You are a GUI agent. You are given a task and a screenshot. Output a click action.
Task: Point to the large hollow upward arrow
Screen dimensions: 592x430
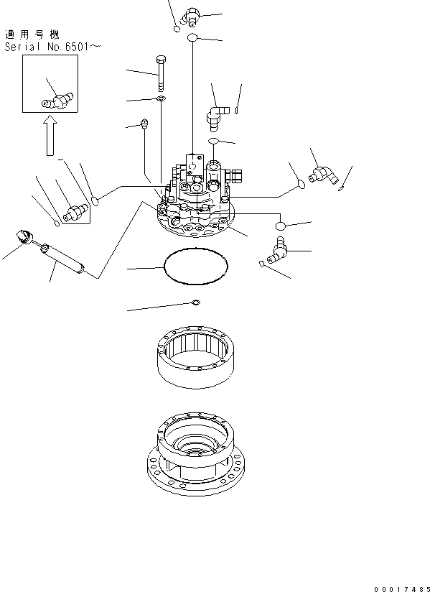[48, 137]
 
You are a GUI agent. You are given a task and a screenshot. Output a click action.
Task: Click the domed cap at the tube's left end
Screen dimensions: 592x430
[24, 236]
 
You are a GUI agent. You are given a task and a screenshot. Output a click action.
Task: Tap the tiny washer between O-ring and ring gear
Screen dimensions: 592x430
[195, 302]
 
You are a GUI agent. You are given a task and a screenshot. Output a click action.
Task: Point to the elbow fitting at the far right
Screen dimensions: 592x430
[324, 175]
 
